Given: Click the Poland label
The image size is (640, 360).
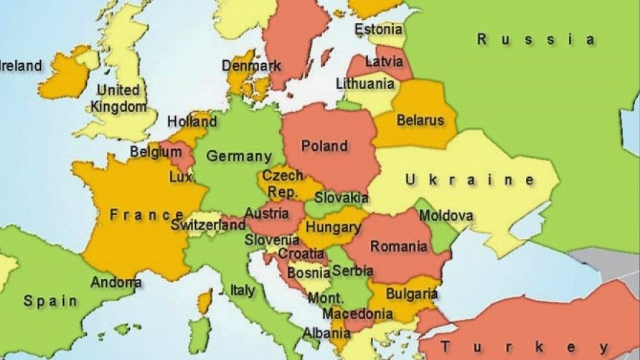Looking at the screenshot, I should coord(324,146).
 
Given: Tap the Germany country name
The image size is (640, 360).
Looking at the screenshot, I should coord(239,156).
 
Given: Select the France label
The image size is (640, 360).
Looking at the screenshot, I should coord(146,214).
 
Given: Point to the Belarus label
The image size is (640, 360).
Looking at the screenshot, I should coord(420,120).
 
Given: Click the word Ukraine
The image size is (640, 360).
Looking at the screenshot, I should coord(470,180).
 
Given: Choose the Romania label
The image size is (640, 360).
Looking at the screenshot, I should coord(398,247).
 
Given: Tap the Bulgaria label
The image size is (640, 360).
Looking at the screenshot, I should coord(412,293).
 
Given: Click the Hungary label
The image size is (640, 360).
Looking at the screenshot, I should coord(333,227).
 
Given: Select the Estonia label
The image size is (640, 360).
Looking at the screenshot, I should coord(378,30).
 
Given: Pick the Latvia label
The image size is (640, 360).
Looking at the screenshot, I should coord(384,62).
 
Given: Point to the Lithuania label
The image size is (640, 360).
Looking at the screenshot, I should coord(365,84).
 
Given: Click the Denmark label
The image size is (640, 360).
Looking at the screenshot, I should coord(251,65).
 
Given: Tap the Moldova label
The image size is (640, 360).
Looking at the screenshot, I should coord(446,215).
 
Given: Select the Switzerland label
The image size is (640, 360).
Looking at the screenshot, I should coord(208,225).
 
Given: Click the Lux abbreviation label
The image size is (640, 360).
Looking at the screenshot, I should coord(181,176).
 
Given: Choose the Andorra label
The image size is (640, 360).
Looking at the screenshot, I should coord(116,282).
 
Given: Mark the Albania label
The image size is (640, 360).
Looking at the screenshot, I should coord(326,333).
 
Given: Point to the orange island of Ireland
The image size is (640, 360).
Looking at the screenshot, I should coord(65,75).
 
